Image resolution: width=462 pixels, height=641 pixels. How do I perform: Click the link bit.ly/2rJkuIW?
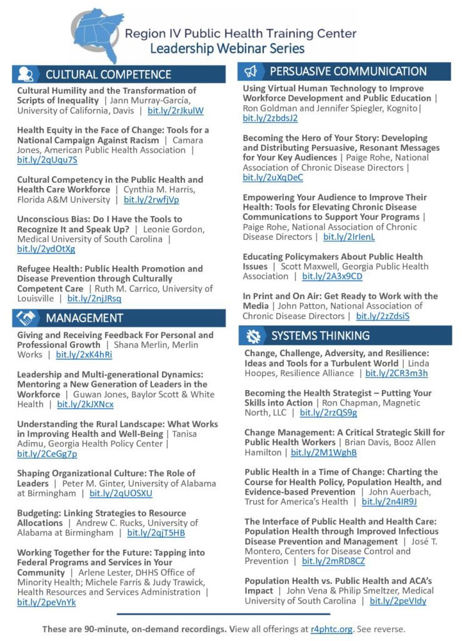(x=176, y=111)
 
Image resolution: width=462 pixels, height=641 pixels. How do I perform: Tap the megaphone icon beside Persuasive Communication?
(x=250, y=71)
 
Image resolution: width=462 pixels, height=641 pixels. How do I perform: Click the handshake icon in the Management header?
(x=26, y=318)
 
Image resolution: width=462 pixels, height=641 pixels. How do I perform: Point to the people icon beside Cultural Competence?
(x=26, y=74)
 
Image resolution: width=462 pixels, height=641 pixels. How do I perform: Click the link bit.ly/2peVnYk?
(x=46, y=602)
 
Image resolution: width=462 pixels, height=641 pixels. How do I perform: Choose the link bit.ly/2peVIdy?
(x=398, y=601)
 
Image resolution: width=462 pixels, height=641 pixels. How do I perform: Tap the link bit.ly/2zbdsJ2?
(x=270, y=118)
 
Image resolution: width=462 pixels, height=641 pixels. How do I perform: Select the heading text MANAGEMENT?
(x=84, y=318)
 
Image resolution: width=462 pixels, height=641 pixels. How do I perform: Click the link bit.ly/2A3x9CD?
(x=332, y=276)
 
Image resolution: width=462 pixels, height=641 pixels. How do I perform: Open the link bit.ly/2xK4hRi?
(x=84, y=355)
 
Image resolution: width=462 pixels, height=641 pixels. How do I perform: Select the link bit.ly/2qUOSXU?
(x=121, y=493)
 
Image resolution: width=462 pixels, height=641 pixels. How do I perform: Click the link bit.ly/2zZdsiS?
(x=383, y=316)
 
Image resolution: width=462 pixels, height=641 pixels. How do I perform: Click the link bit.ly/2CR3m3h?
(x=396, y=374)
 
